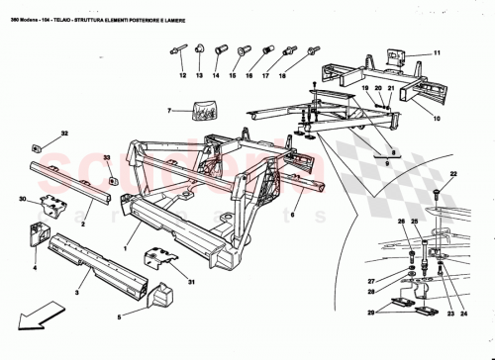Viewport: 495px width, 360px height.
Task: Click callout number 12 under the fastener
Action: click(x=183, y=74)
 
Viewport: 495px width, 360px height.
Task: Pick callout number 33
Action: click(x=107, y=157)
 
